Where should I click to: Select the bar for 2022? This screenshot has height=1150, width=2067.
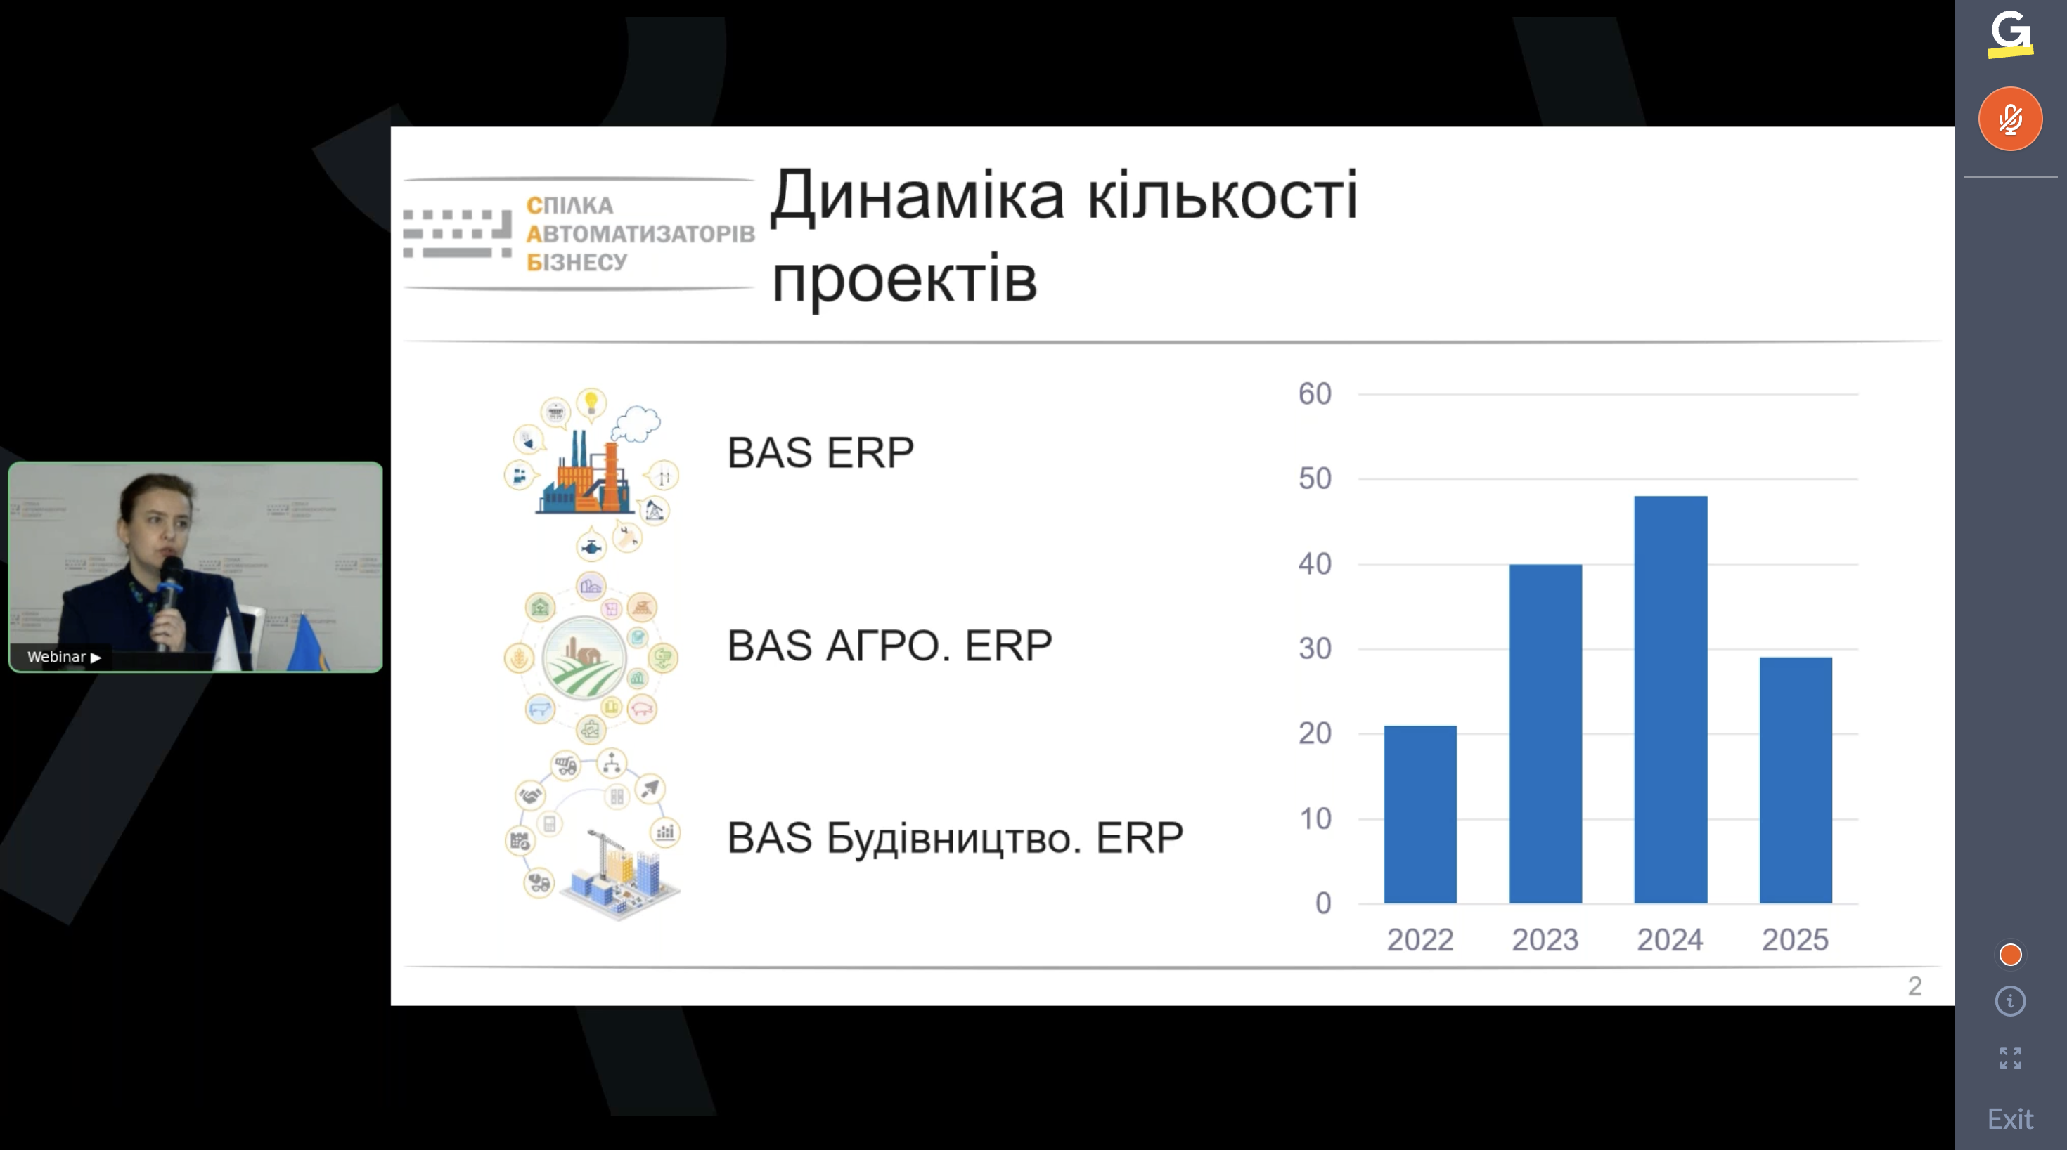coord(1419,814)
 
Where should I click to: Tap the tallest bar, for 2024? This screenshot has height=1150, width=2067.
coord(1670,699)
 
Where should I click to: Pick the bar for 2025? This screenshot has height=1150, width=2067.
coord(1795,780)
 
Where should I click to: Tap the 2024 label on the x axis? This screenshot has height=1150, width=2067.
coord(1670,940)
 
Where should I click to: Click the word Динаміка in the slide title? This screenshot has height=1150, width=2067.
coord(917,197)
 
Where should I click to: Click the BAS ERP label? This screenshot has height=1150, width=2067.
coord(820,452)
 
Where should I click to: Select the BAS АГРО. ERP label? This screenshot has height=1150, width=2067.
coord(889,646)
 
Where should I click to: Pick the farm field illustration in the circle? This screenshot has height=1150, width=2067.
coord(584,658)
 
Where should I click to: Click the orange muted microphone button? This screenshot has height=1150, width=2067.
coord(2009,119)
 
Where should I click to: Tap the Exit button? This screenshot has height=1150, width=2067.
coord(2010,1118)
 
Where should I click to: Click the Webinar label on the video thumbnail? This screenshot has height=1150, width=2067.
coord(56,657)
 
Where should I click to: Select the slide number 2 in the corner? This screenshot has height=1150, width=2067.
coord(1914,986)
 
